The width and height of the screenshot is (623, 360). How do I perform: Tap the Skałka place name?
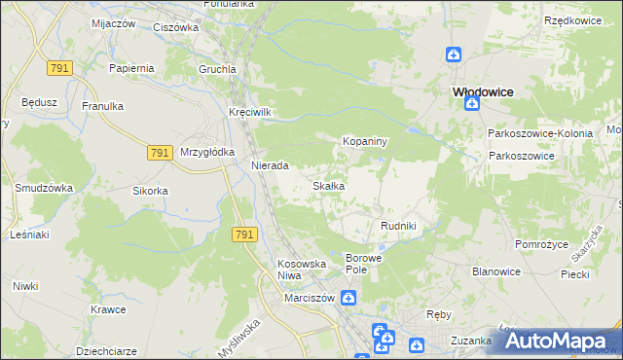point(327,186)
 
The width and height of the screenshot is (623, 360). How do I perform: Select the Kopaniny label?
point(365,142)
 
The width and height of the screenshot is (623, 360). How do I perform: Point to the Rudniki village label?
point(398,226)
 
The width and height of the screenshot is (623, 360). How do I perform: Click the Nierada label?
point(270,166)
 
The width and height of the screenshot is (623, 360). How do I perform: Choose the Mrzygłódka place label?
point(207,152)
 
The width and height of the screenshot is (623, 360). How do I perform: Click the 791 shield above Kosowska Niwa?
point(245,234)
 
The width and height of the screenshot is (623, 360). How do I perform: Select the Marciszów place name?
point(309,298)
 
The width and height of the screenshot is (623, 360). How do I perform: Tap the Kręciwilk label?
point(249,112)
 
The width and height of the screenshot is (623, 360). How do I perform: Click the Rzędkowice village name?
point(571,20)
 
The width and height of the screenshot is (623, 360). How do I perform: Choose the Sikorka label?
point(151,191)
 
